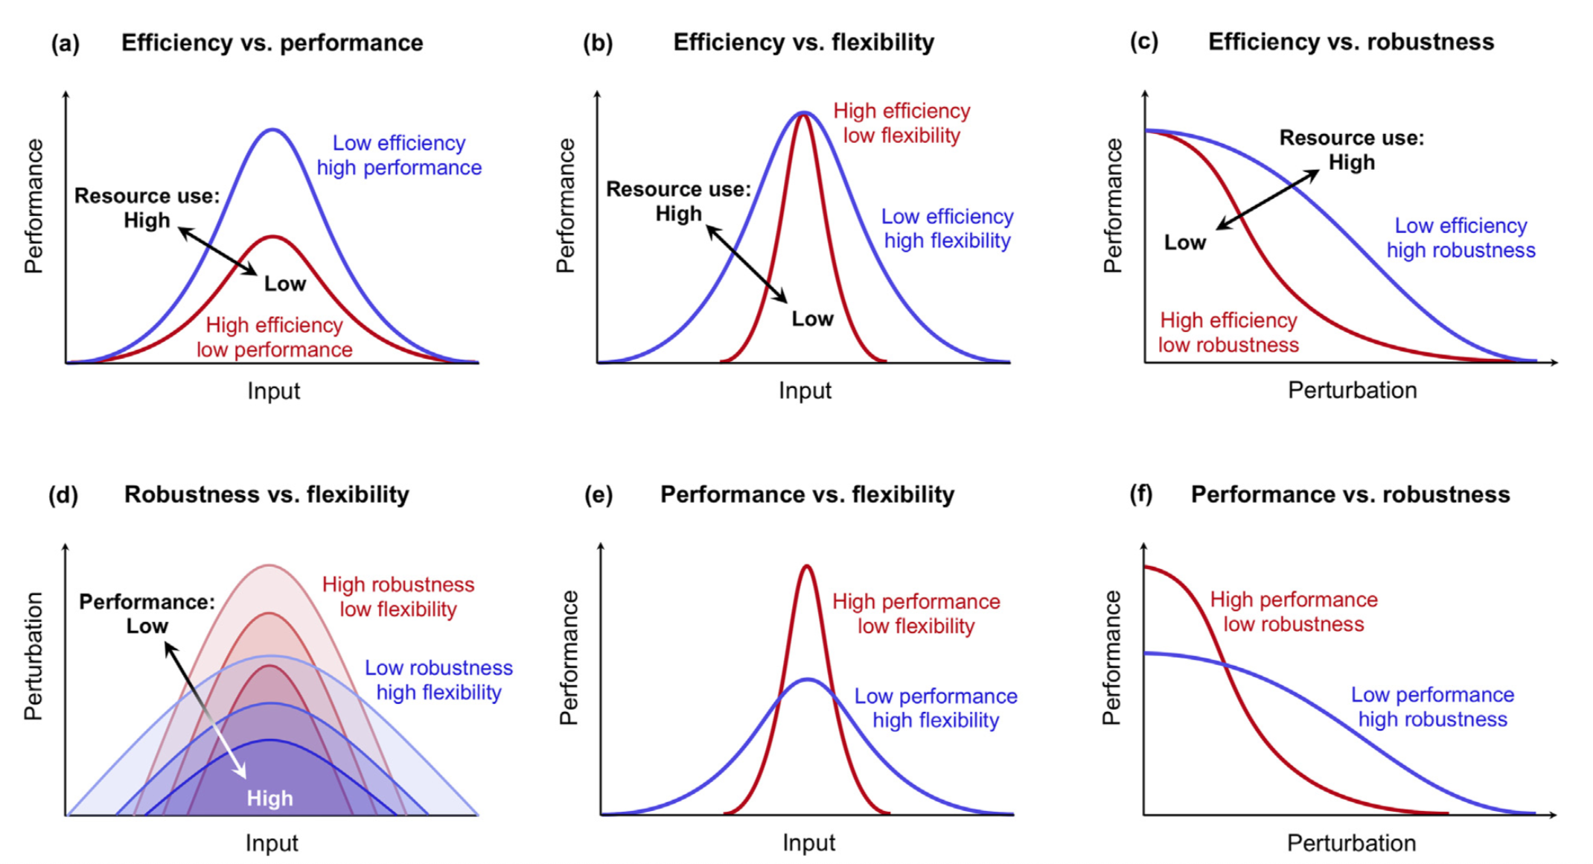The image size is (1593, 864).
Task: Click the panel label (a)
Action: pyautogui.click(x=65, y=43)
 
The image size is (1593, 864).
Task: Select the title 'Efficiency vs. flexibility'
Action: pyautogui.click(x=803, y=42)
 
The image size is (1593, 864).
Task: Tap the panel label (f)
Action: pyautogui.click(x=1140, y=494)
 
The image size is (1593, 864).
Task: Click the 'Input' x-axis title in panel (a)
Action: pyautogui.click(x=273, y=391)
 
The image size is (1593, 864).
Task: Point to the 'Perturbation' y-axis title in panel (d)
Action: pyautogui.click(x=33, y=656)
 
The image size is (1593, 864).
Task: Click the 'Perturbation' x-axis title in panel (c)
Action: pyautogui.click(x=1352, y=390)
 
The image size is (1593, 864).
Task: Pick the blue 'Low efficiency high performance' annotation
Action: pyautogui.click(x=399, y=155)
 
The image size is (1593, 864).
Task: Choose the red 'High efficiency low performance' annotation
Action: pyautogui.click(x=275, y=337)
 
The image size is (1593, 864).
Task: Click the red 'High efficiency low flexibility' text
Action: pyautogui.click(x=901, y=123)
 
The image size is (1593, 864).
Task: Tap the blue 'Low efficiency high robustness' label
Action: pyautogui.click(x=1460, y=238)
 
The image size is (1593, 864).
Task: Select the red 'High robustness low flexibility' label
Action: pyautogui.click(x=398, y=597)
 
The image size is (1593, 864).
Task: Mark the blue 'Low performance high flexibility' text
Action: pyautogui.click(x=936, y=708)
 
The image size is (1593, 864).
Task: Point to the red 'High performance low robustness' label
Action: pyautogui.click(x=1294, y=612)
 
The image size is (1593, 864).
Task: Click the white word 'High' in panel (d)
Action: pyautogui.click(x=269, y=798)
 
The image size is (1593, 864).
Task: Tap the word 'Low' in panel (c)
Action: pyautogui.click(x=1184, y=243)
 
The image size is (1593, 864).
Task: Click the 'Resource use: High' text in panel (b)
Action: pyautogui.click(x=678, y=201)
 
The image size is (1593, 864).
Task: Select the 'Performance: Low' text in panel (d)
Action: pyautogui.click(x=147, y=614)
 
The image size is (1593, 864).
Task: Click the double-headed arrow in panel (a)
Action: pyautogui.click(x=217, y=251)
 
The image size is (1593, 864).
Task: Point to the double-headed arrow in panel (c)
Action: pyautogui.click(x=1268, y=200)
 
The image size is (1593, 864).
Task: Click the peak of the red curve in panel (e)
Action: pyautogui.click(x=807, y=567)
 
